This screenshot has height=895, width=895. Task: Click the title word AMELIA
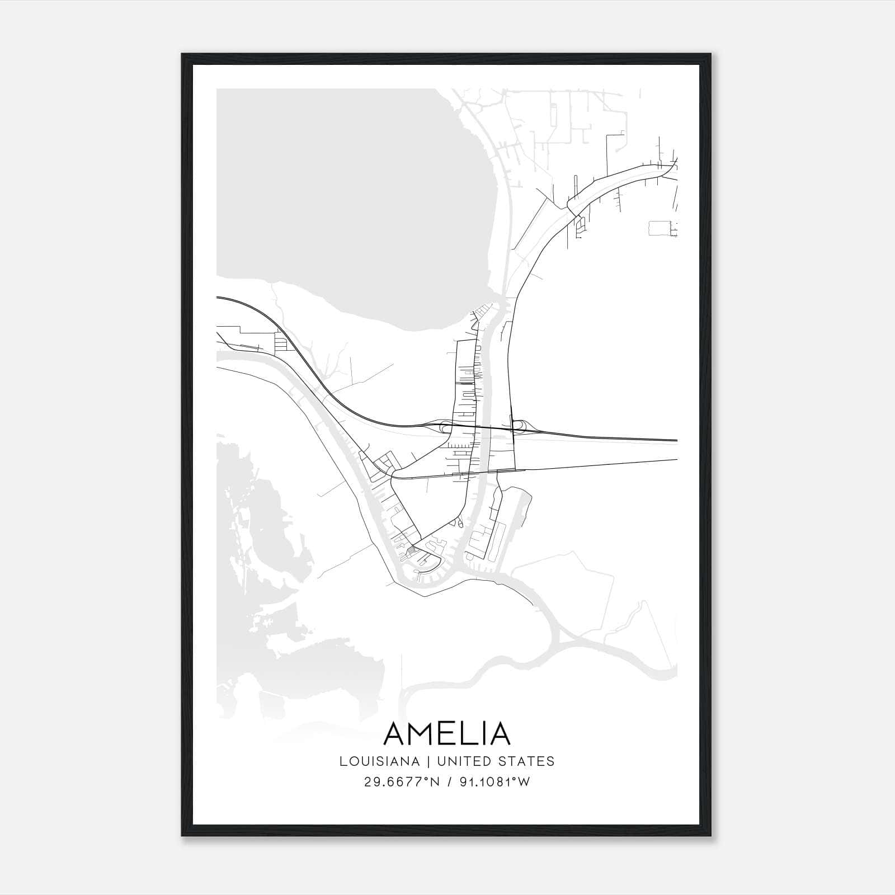pyautogui.click(x=447, y=733)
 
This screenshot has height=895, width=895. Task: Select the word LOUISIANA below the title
pyautogui.click(x=379, y=761)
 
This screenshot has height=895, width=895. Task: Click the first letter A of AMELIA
pyautogui.click(x=395, y=733)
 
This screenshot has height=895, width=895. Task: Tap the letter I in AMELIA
pyautogui.click(x=484, y=733)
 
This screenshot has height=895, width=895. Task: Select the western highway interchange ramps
pyautogui.click(x=445, y=428)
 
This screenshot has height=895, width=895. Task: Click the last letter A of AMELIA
pyautogui.click(x=500, y=733)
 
